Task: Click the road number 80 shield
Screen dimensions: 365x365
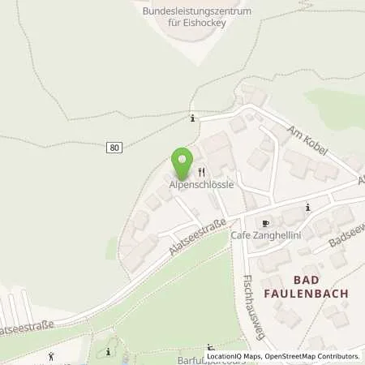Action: [x=114, y=147]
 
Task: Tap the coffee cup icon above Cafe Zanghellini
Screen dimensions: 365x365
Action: [x=264, y=222]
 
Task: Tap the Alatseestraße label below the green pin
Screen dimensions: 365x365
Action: [x=188, y=240]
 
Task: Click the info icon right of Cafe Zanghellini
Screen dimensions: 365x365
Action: [x=307, y=208]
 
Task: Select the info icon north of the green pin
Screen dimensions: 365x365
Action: [x=192, y=118]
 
